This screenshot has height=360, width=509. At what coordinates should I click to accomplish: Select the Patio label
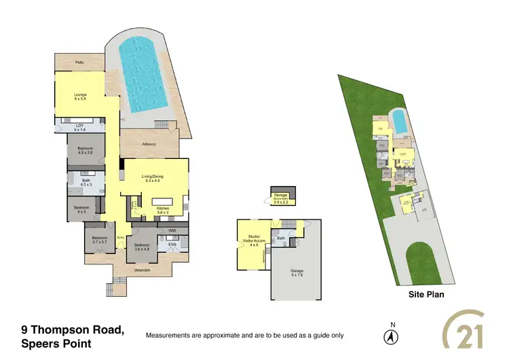click(x=79, y=62)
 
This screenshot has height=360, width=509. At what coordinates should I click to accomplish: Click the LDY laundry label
click(x=79, y=127)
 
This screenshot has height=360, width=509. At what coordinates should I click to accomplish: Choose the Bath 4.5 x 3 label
click(x=86, y=182)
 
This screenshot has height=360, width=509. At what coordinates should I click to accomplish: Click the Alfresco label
click(x=150, y=143)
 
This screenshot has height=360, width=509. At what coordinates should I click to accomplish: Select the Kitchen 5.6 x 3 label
click(x=163, y=210)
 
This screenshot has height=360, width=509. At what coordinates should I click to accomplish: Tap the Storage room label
click(x=281, y=198)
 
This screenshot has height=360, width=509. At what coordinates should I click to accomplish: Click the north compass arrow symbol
click(x=390, y=336)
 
